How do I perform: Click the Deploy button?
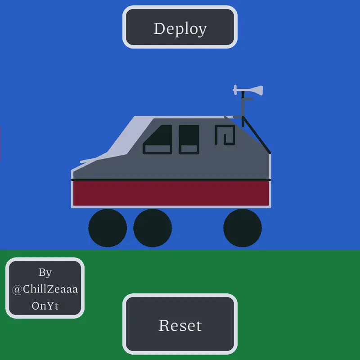(180, 27)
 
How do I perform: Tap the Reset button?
(180, 324)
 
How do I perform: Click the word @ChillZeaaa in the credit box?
(45, 289)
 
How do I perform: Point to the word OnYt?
(45, 306)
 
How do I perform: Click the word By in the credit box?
(45, 273)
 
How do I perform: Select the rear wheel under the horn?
(243, 228)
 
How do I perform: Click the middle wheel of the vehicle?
(153, 228)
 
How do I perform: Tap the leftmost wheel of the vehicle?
(108, 228)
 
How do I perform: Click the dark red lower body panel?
(171, 193)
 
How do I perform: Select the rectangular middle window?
(189, 139)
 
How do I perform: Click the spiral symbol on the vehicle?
(225, 135)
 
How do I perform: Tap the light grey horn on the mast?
(248, 90)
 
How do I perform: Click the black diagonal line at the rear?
(256, 135)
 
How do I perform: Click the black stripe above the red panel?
(171, 180)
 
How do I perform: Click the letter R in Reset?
(164, 325)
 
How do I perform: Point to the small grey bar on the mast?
(248, 99)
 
